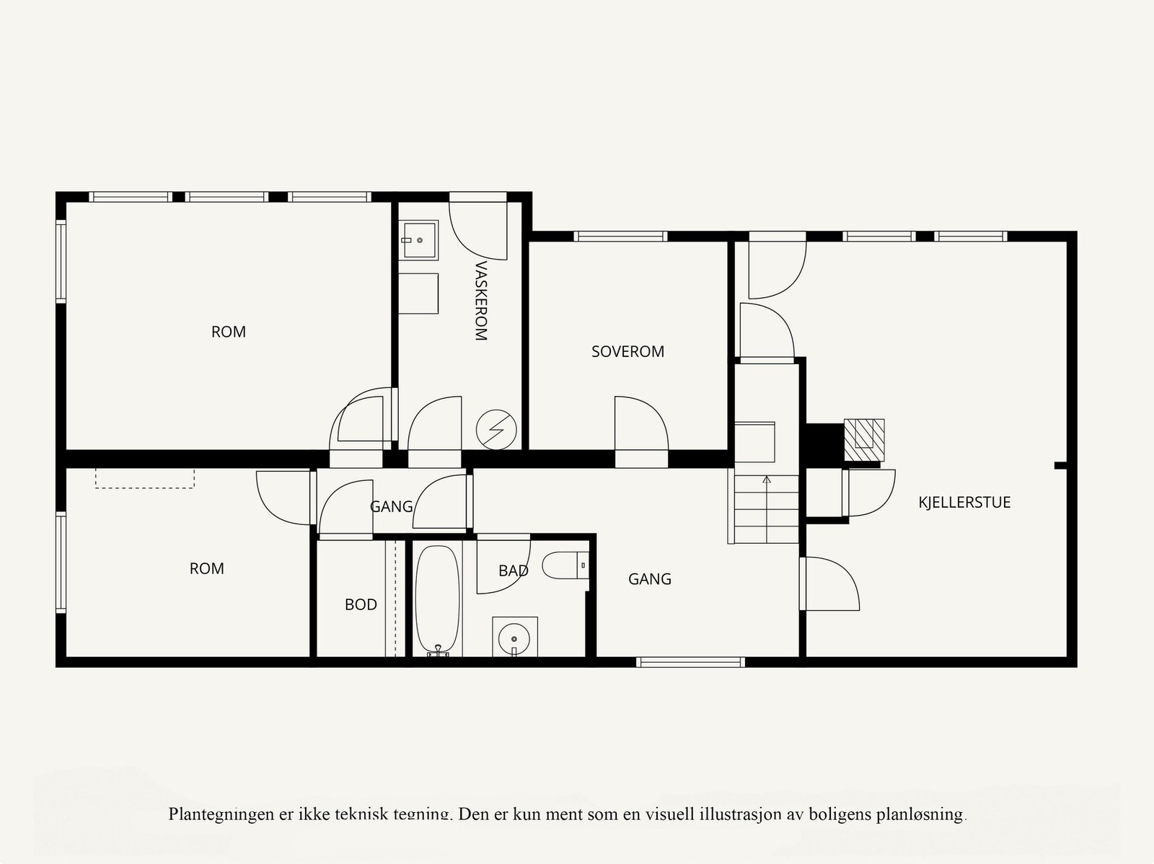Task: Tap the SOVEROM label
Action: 627,352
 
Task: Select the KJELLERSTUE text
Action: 964,503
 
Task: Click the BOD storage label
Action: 361,605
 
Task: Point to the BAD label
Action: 513,571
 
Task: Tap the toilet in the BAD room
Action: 565,565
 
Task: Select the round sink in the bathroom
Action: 514,638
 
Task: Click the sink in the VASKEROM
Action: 419,239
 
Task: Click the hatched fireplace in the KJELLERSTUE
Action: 864,439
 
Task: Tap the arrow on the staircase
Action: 767,479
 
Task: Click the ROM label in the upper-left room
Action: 229,332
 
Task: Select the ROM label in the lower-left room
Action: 207,569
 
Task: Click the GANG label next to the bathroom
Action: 649,579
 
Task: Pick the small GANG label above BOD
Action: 391,507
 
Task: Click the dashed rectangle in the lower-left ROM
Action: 144,478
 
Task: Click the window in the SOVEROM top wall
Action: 620,236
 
